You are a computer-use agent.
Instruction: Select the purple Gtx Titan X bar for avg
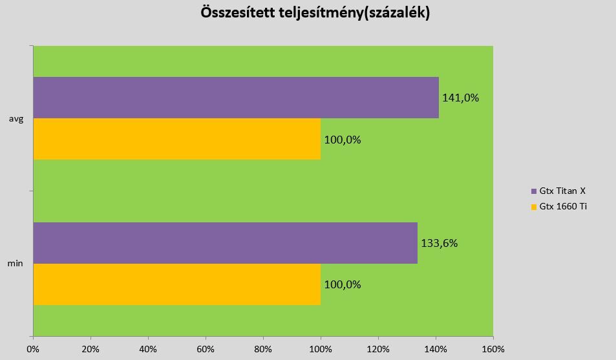(235, 98)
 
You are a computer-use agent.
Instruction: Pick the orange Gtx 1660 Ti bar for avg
(176, 139)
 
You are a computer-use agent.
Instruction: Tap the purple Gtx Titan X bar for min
(225, 243)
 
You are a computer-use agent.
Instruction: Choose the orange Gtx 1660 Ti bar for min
(176, 284)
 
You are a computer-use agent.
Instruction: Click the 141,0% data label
(460, 98)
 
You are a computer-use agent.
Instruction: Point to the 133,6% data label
(440, 244)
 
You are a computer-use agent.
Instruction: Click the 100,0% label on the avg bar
(343, 140)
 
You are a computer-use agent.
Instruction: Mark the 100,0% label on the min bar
(343, 284)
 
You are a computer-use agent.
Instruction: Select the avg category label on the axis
(17, 118)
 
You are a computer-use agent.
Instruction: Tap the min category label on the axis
(17, 264)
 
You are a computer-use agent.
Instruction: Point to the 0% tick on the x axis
(33, 349)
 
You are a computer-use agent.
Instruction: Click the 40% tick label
(148, 349)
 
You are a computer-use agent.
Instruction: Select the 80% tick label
(263, 349)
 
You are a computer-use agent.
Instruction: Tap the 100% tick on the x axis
(321, 349)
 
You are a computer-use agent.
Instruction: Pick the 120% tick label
(378, 349)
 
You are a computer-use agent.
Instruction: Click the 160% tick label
(493, 349)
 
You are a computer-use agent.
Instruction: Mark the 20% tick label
(90, 349)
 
